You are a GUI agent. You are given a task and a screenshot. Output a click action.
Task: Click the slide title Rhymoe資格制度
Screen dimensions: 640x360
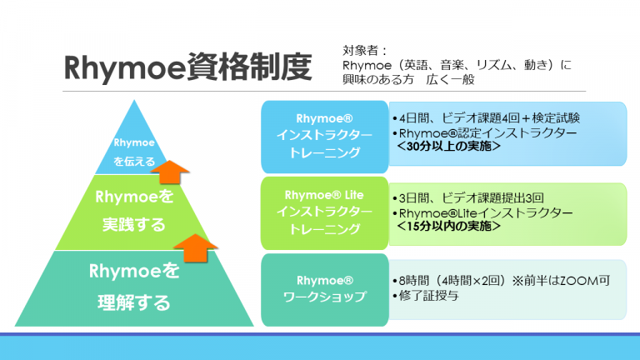(x=188, y=67)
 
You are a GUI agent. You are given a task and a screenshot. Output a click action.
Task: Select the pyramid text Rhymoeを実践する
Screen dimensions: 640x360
(x=134, y=211)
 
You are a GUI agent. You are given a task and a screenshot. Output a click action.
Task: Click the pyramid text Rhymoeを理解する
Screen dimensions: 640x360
(x=134, y=287)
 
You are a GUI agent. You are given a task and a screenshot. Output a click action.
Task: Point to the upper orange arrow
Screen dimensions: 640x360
(x=170, y=172)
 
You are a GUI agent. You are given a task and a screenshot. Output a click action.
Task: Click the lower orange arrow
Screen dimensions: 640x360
(x=196, y=247)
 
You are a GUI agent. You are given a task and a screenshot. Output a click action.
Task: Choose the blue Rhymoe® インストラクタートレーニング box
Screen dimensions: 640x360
(x=324, y=137)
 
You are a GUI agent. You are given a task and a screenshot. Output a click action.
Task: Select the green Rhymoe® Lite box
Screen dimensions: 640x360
(x=324, y=213)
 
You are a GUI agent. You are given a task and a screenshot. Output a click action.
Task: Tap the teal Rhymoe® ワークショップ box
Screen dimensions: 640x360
(x=324, y=290)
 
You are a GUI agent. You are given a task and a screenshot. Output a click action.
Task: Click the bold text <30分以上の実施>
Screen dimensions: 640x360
(x=449, y=146)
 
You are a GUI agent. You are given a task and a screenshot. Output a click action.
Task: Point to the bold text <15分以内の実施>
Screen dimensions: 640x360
(x=449, y=226)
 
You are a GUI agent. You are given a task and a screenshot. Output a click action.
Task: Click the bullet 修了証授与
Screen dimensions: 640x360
(x=426, y=296)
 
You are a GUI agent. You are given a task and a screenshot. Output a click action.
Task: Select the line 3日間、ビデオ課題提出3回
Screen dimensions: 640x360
(x=468, y=198)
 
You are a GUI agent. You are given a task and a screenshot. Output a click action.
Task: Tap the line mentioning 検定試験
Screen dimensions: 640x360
(x=486, y=118)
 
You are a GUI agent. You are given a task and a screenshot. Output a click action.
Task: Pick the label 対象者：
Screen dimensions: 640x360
(x=364, y=51)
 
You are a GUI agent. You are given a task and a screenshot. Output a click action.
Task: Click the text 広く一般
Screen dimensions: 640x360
(x=450, y=79)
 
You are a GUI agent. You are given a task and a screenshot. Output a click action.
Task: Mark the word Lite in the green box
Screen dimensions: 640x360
(x=354, y=195)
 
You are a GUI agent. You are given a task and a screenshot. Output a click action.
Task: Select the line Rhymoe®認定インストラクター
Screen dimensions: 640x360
(x=485, y=133)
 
